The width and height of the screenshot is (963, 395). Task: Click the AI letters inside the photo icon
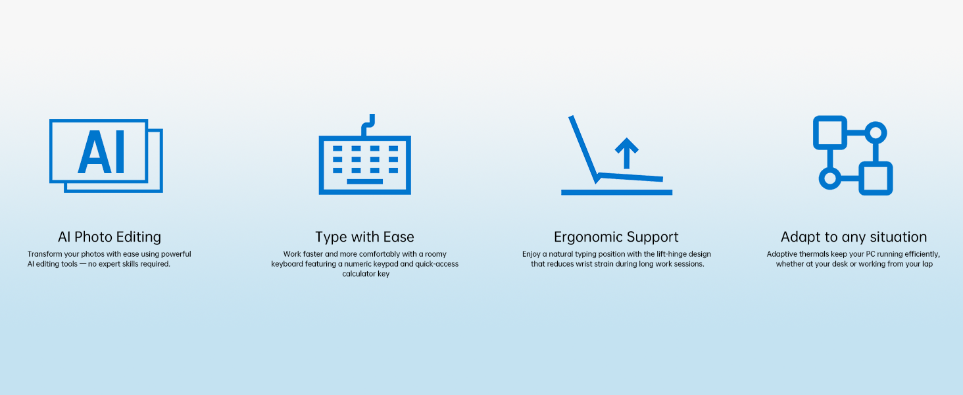pyautogui.click(x=101, y=152)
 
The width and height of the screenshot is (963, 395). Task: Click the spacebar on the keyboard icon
pyautogui.click(x=364, y=182)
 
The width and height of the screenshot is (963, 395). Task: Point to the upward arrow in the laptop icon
pyautogui.click(x=626, y=153)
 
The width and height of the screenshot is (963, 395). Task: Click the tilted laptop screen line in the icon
pyautogui.click(x=583, y=148)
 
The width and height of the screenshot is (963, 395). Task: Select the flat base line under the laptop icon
pyautogui.click(x=616, y=192)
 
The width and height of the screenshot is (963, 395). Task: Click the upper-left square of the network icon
pyautogui.click(x=829, y=132)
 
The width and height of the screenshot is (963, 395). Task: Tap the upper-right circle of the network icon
pyautogui.click(x=876, y=132)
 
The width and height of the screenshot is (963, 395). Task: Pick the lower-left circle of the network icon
pyautogui.click(x=829, y=178)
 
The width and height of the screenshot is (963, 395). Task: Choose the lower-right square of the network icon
pyautogui.click(x=876, y=178)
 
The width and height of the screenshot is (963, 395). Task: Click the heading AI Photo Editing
pyautogui.click(x=110, y=237)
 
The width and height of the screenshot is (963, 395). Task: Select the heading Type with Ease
pyautogui.click(x=364, y=237)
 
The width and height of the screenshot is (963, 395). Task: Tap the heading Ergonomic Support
pyautogui.click(x=616, y=237)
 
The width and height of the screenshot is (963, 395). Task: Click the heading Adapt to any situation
pyautogui.click(x=854, y=237)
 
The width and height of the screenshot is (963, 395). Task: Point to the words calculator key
pyautogui.click(x=366, y=274)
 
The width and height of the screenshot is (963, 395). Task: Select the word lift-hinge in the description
pyautogui.click(x=671, y=254)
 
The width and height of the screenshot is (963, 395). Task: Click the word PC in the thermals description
pyautogui.click(x=870, y=254)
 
